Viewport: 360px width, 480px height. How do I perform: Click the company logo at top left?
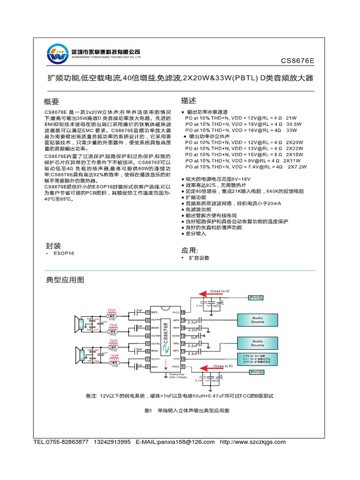57,55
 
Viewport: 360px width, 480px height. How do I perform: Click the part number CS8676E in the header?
297,60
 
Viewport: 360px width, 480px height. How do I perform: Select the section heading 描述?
188,101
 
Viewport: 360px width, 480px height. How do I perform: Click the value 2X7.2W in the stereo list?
297,166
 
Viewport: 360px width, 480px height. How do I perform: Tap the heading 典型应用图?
65,280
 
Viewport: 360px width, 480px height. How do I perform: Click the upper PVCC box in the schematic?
256,297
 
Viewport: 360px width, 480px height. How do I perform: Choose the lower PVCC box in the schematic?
256,372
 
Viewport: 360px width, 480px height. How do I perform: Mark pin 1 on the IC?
147,312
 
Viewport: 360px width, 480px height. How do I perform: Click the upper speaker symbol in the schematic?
78,323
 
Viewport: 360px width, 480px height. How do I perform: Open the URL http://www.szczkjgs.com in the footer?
252,442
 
